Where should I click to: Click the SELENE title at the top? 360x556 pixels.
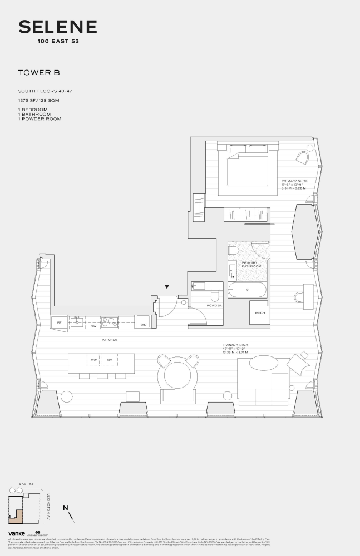click(58, 27)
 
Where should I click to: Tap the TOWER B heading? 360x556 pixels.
click(39, 72)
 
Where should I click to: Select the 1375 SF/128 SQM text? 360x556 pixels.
click(39, 100)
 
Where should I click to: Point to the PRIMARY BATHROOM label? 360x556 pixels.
click(251, 264)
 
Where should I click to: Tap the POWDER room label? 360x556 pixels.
click(214, 305)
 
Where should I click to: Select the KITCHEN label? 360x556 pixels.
click(110, 339)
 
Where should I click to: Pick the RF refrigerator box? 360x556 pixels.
click(59, 322)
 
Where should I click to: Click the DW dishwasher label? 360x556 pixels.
click(93, 326)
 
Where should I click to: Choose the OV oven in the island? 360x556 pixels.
click(110, 360)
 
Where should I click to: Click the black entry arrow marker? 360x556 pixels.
click(166, 287)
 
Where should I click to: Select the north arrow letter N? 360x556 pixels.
click(66, 507)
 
